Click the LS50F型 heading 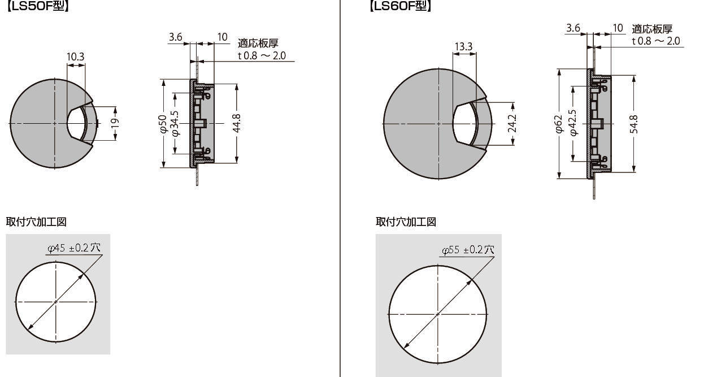(37, 6)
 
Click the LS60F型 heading (401, 6)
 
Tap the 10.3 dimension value (76, 57)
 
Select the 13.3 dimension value (463, 46)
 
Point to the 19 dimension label (115, 123)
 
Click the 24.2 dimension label (512, 123)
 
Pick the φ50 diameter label (163, 124)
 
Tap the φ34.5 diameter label (176, 124)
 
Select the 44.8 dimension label (237, 123)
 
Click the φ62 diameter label (558, 124)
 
